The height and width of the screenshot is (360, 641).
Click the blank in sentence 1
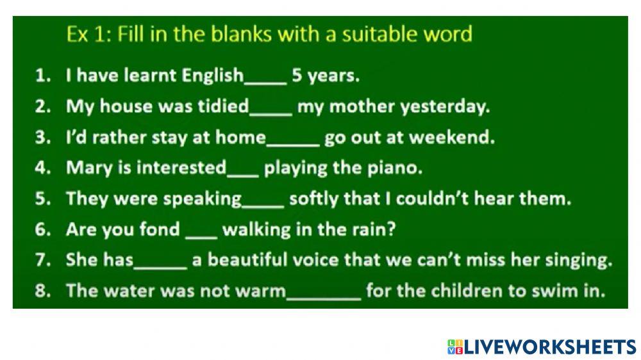pyautogui.click(x=266, y=83)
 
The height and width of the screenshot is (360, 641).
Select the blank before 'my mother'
pyautogui.click(x=271, y=114)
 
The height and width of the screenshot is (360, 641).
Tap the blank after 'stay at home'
pyautogui.click(x=293, y=145)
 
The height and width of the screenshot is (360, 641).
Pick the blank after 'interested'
pyautogui.click(x=243, y=176)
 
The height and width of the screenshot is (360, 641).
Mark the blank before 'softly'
pyautogui.click(x=263, y=206)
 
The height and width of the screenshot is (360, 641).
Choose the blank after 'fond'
pyautogui.click(x=201, y=237)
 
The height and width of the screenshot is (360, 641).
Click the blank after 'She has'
pyautogui.click(x=161, y=268)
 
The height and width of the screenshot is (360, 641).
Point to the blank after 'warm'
pyautogui.click(x=324, y=299)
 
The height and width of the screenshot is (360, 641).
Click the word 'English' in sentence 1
pyautogui.click(x=213, y=76)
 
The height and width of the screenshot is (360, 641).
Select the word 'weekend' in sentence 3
pyautogui.click(x=452, y=137)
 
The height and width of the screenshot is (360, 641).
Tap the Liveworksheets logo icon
pyautogui.click(x=455, y=347)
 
